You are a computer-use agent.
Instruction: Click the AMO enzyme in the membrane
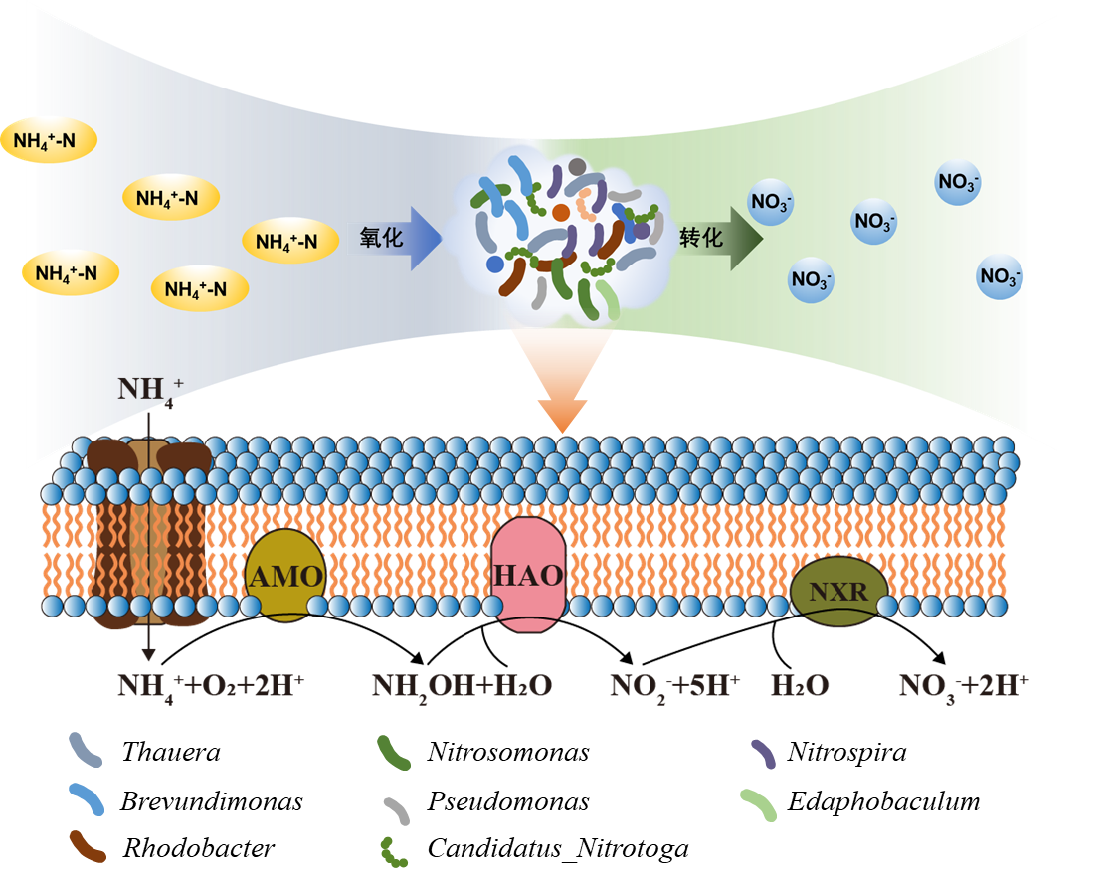[284, 577]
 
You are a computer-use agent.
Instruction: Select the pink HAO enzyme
[528, 576]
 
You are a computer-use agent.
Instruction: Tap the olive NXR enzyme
[839, 594]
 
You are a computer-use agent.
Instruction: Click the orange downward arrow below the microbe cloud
[562, 383]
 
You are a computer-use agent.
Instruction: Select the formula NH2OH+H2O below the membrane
[462, 686]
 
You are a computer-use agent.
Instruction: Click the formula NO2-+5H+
[675, 686]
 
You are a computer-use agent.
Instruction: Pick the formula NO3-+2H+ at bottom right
[963, 686]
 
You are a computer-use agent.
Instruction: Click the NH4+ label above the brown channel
[138, 388]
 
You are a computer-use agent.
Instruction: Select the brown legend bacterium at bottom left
[88, 845]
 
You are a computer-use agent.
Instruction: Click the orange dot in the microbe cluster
[561, 212]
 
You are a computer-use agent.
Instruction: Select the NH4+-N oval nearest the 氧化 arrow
[288, 240]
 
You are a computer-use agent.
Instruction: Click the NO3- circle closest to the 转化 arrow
[772, 202]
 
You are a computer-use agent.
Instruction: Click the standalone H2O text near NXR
[800, 686]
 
